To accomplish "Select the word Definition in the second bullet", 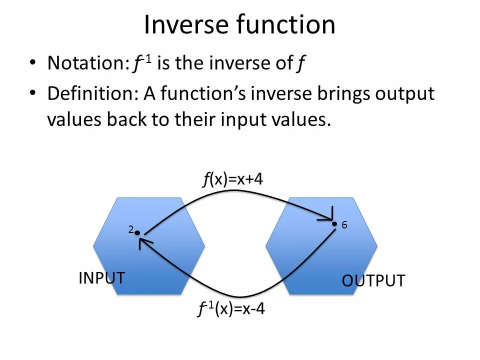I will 92,94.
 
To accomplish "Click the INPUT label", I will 101,278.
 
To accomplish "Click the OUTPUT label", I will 373,281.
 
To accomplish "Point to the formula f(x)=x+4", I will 232,179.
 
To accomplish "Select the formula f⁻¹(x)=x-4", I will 231,310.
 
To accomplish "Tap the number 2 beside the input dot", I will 130,230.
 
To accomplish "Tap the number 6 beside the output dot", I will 344,225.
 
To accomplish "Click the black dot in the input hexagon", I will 136,232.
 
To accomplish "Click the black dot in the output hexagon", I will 335,224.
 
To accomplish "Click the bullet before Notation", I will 33,63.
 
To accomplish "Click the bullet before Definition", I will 33,94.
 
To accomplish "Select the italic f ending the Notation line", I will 300,64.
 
